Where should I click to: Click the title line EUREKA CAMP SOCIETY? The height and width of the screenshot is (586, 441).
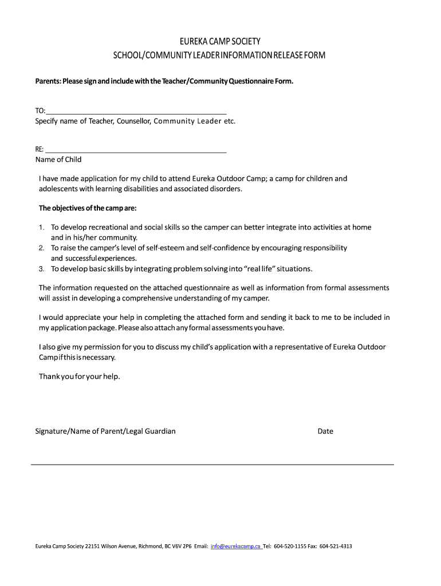pos(220,42)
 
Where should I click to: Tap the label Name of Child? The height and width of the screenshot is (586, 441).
pos(58,160)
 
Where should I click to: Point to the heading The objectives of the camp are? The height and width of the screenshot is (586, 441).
pos(88,208)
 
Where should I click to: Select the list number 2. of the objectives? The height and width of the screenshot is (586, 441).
pos(41,248)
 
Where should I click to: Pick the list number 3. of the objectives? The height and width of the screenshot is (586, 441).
pos(41,269)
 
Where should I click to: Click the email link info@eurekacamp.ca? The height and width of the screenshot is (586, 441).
pos(235,546)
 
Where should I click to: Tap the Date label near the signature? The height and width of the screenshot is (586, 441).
pos(325,431)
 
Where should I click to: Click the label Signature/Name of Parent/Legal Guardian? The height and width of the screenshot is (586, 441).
pos(105,431)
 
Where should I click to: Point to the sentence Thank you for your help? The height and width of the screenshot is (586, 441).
pos(80,377)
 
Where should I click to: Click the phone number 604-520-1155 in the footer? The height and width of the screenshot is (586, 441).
pos(290,546)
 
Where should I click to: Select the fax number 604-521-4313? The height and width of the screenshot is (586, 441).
pos(336,546)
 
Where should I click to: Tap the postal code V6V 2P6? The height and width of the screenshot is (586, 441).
pos(178,546)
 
